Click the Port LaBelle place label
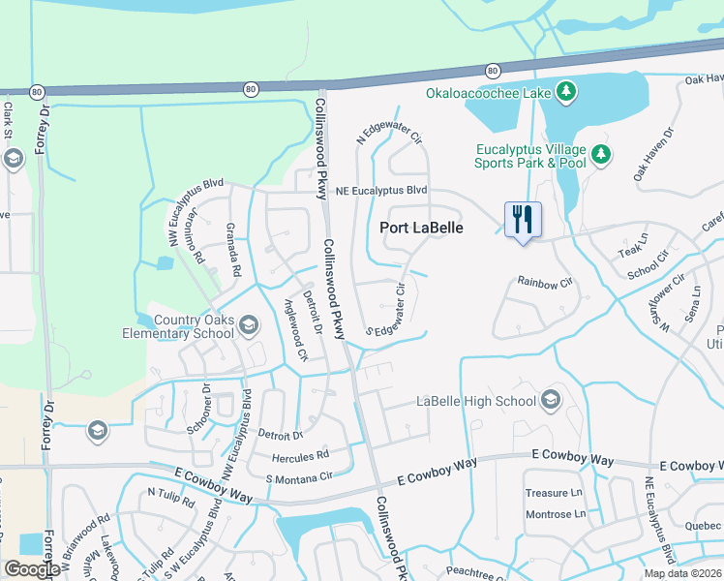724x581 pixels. coord(421,229)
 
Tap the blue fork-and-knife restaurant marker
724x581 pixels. coord(523,220)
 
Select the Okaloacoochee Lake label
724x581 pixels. coord(488,93)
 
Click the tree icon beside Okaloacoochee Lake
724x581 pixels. coord(565,93)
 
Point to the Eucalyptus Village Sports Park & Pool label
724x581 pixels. coord(531,156)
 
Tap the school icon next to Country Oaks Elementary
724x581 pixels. coord(249,324)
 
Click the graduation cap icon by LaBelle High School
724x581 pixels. coord(551,400)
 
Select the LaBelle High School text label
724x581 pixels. coord(475,401)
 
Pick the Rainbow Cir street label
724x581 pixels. coord(545,282)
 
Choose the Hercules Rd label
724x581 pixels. coord(303,453)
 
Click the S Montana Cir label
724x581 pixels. coord(305,476)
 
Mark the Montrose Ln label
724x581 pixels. coord(555,514)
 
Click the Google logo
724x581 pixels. coord(32,569)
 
